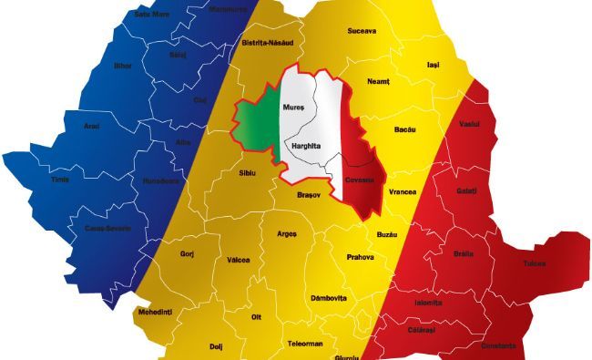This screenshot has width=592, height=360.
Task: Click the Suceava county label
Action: pyautogui.click(x=362, y=30)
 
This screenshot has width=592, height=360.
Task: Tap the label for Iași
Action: pyautogui.click(x=434, y=65)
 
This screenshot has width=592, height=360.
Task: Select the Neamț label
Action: pyautogui.click(x=378, y=81)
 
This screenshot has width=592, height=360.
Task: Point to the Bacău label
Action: pyautogui.click(x=404, y=130)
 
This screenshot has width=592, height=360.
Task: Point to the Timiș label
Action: pyautogui.click(x=58, y=180)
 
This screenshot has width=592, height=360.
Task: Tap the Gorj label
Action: pyautogui.click(x=188, y=253)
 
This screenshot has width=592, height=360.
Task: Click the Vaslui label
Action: pyautogui.click(x=470, y=123)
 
